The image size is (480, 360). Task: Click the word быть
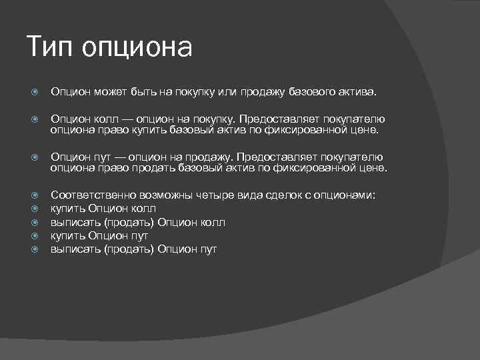[144, 90]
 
